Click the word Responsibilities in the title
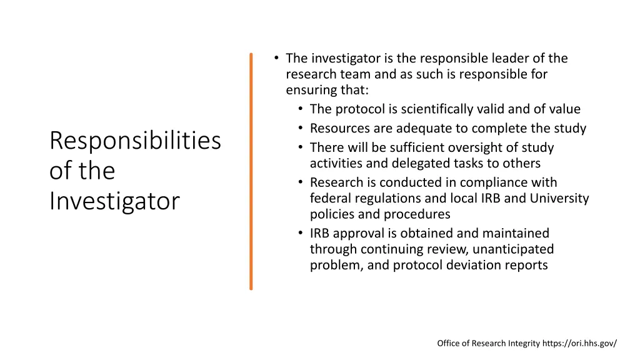pos(135,141)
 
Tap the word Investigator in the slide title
pos(114,201)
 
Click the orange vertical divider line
pos(251,171)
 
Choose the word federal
pos(330,199)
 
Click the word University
pos(560,199)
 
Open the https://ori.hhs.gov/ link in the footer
pos(579,343)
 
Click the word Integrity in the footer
pos(521,343)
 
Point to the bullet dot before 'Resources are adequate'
pos(300,129)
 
